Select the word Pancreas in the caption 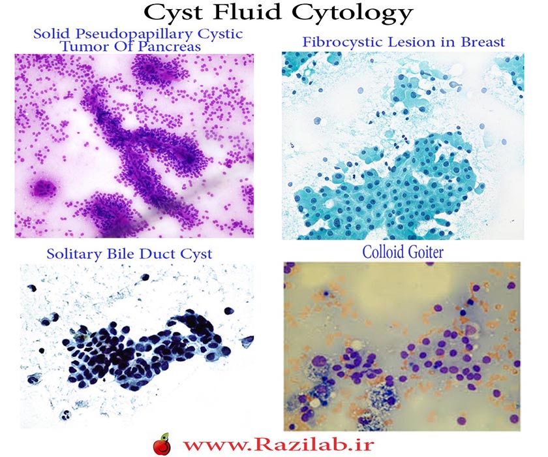point(171,46)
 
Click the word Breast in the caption point(483,42)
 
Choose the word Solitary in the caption point(75,254)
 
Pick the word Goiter point(425,252)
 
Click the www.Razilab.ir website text point(279,445)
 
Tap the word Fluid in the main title point(247,12)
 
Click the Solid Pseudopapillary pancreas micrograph point(134,146)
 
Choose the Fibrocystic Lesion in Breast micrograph point(403,146)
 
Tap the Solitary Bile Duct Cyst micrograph point(136,346)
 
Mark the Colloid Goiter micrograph point(402,346)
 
